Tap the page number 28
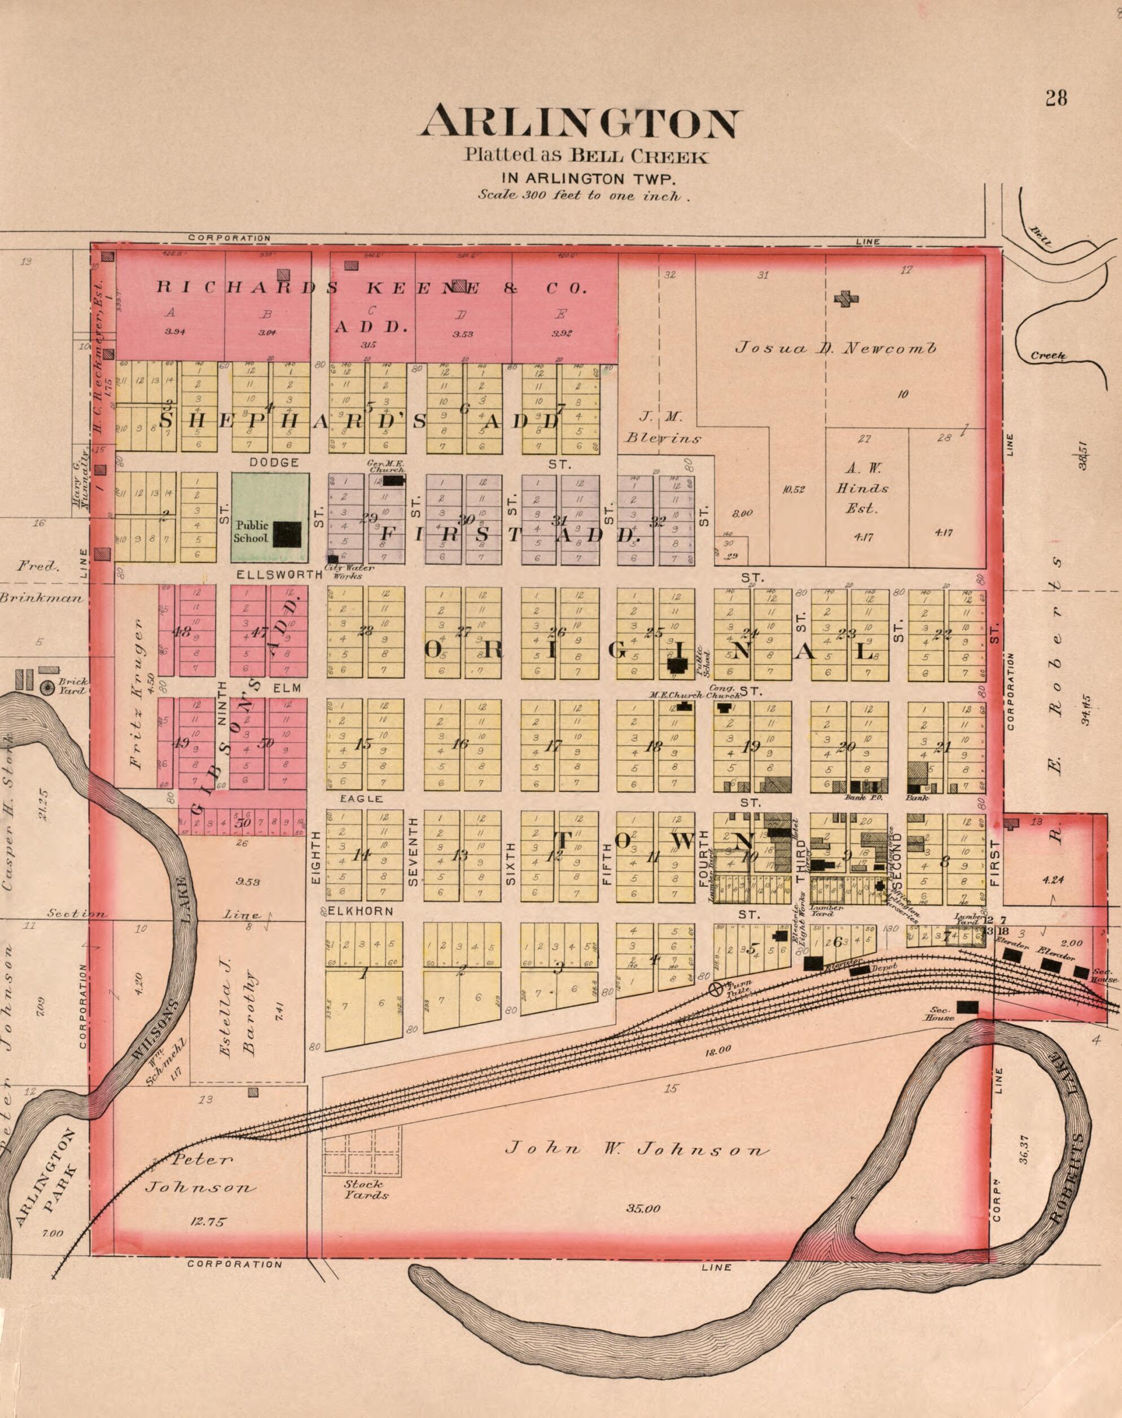click(1057, 98)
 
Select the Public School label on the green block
click(252, 532)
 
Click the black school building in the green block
click(287, 534)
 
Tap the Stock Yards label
click(366, 1189)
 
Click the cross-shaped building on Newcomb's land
click(845, 300)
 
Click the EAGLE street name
click(361, 798)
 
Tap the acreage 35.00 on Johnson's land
click(644, 1209)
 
